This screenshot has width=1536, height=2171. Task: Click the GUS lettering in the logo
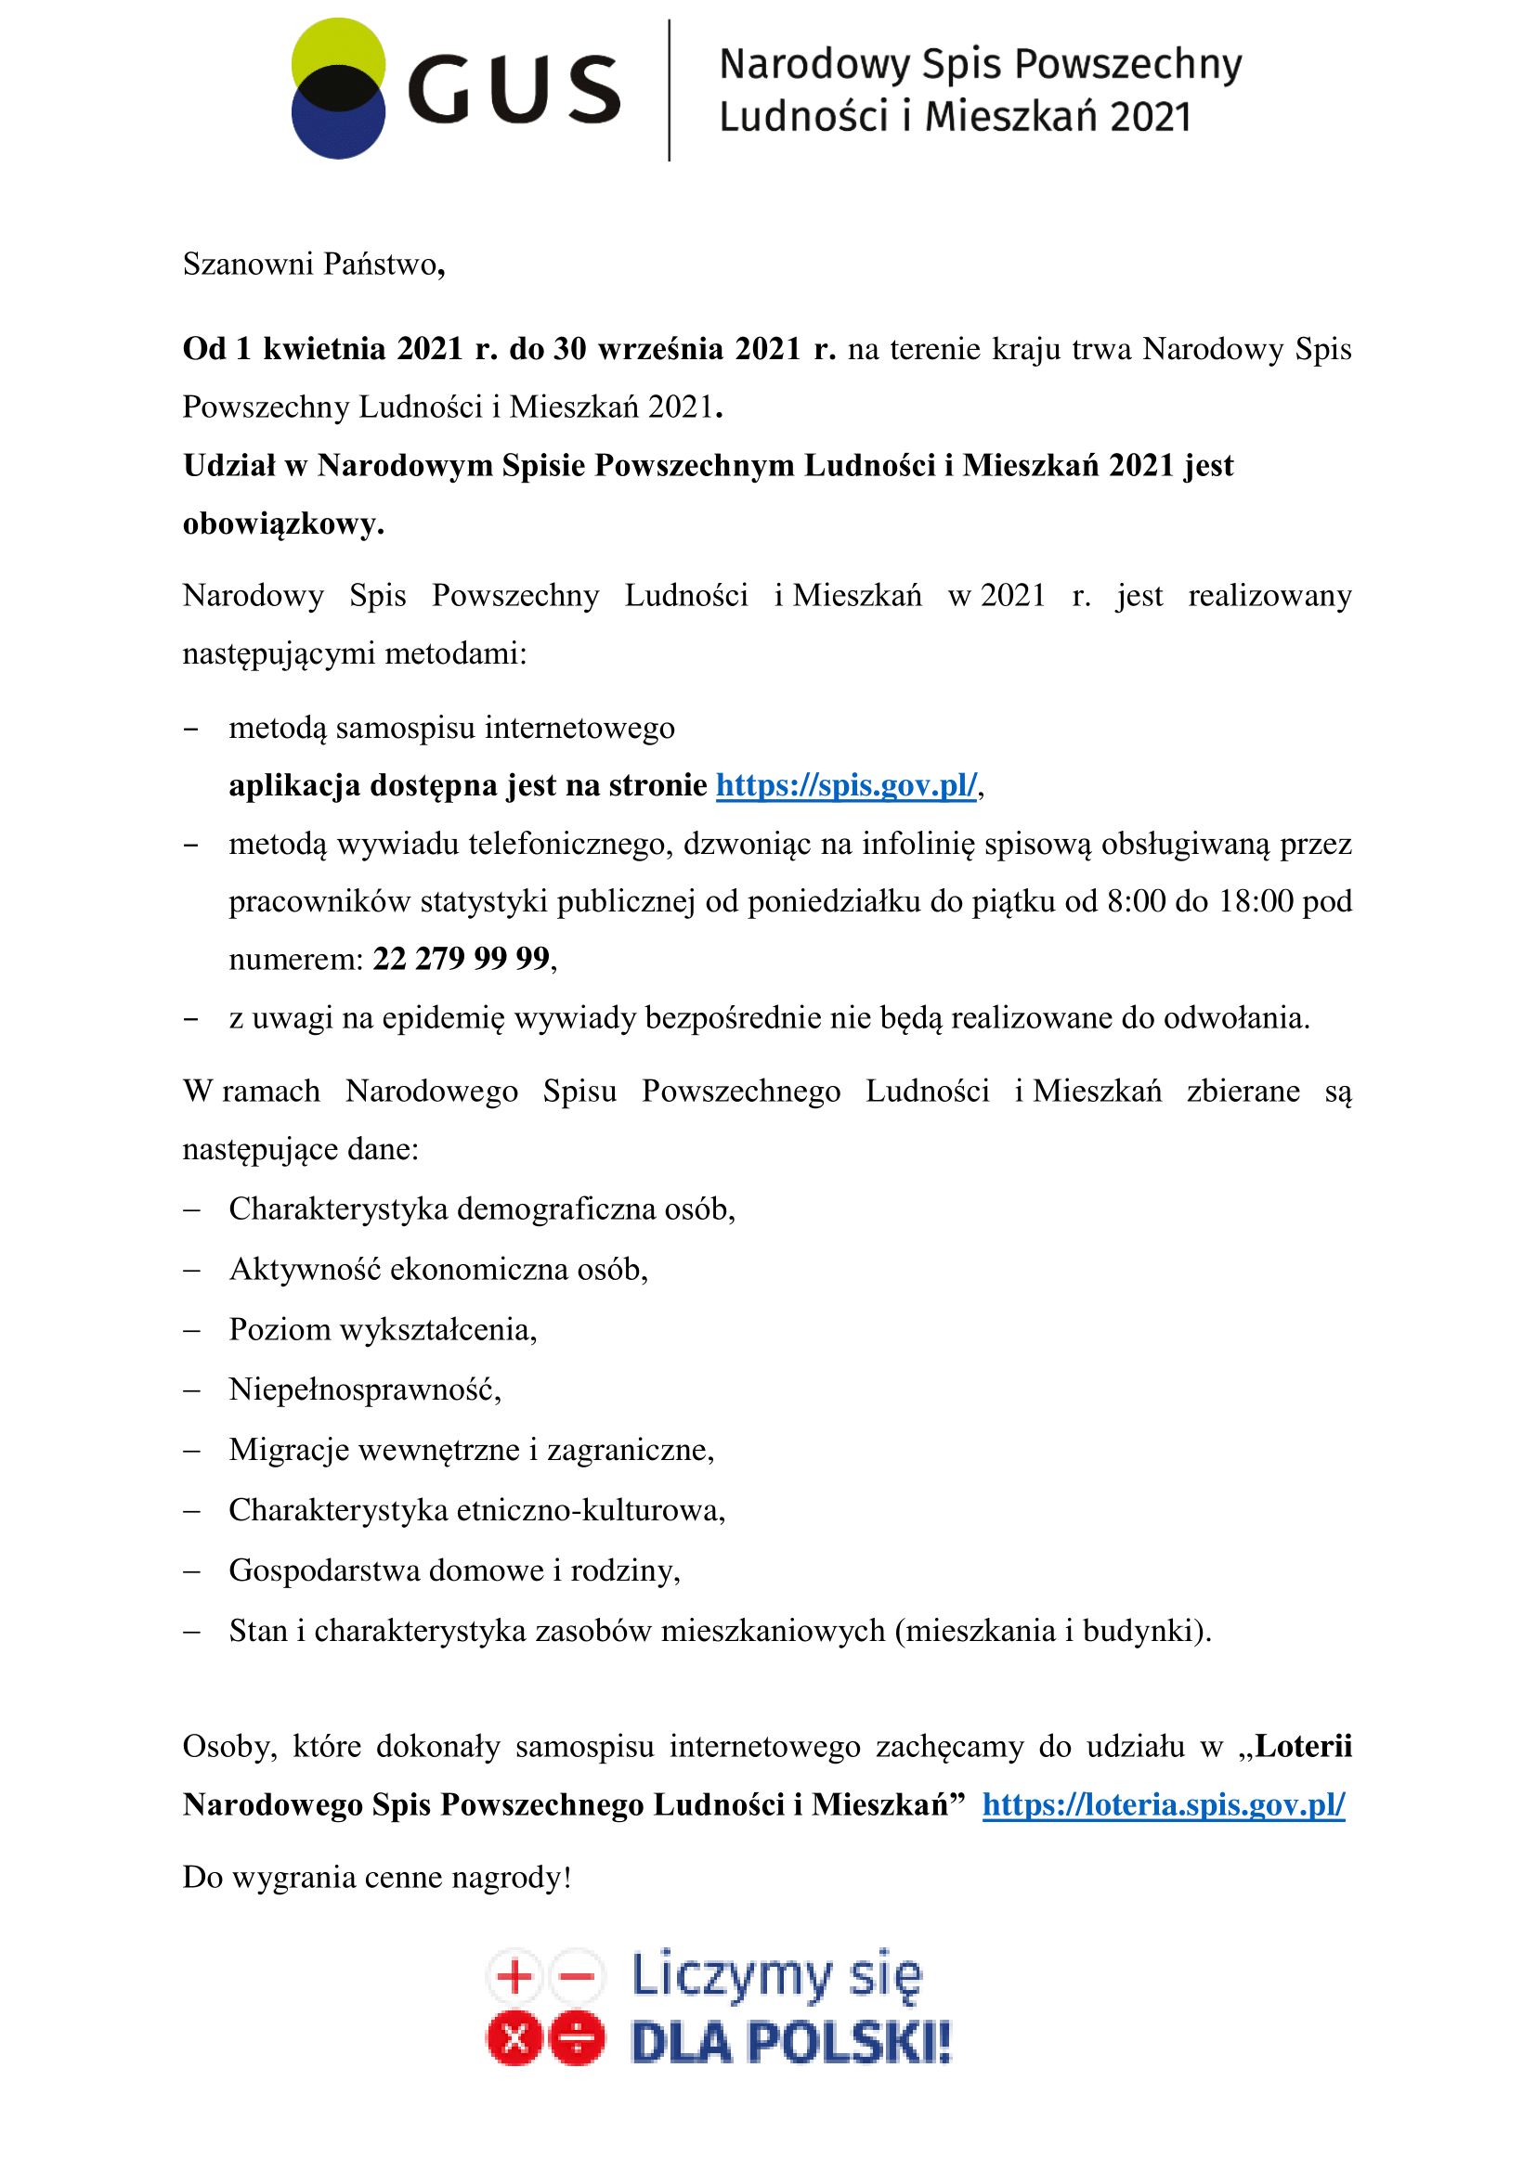(514, 90)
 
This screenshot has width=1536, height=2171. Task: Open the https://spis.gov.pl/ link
(846, 786)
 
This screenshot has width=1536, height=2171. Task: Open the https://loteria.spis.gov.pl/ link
(1164, 1805)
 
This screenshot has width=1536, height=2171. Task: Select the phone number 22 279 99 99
(462, 959)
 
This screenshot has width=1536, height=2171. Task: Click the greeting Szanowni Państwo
(312, 264)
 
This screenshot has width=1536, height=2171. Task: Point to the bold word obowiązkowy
(282, 523)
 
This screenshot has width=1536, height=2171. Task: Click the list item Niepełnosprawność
(364, 1390)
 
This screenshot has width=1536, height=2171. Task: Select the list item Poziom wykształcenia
(382, 1329)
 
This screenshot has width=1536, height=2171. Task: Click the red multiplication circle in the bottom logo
(514, 2038)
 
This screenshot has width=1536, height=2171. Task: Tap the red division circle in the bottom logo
(577, 2038)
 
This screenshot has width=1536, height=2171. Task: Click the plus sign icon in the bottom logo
(514, 1976)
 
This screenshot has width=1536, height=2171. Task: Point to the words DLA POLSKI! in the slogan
(790, 2042)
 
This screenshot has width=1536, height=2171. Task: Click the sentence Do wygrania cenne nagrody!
(377, 1878)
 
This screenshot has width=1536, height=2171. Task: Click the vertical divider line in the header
(670, 90)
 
